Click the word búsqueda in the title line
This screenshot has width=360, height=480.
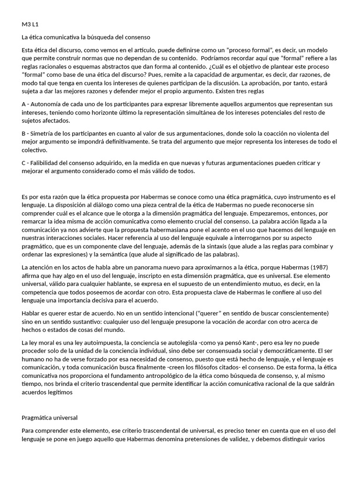pos(108,37)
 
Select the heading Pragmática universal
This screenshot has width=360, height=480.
pos(50,417)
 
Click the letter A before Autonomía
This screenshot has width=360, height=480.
pos(24,104)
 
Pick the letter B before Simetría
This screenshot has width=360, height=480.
pos(24,133)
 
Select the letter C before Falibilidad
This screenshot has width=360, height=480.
pos(24,163)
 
